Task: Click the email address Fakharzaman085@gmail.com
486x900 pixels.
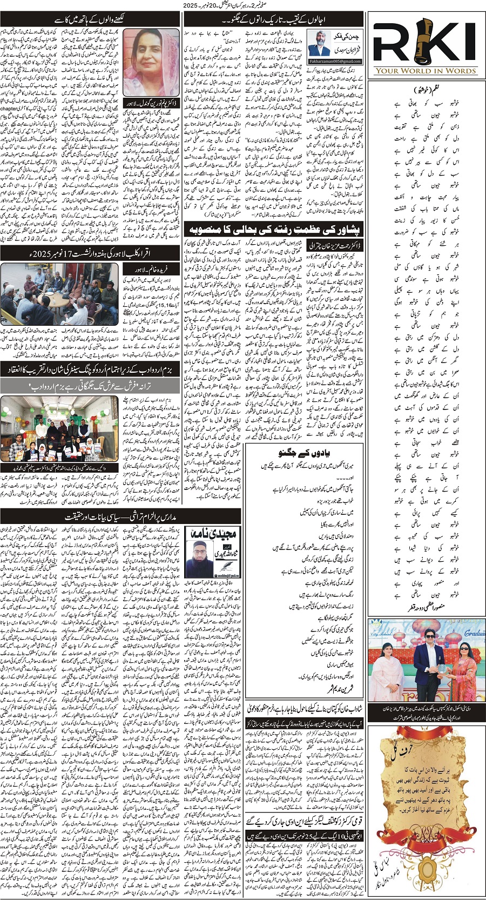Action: coord(339,62)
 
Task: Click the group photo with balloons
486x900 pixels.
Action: coord(59,429)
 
